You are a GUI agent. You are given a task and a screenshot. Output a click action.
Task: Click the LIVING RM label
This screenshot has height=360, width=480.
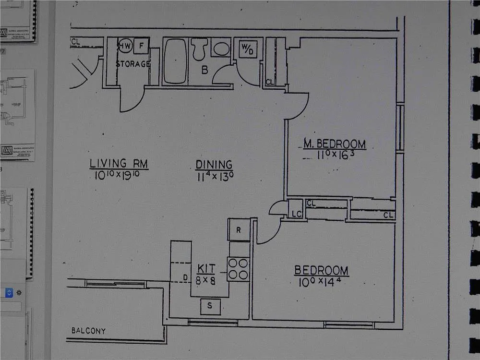tap(119, 163)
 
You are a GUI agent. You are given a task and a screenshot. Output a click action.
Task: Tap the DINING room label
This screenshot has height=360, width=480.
tap(214, 165)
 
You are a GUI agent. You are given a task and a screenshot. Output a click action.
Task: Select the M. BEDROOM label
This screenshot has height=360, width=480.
tap(335, 144)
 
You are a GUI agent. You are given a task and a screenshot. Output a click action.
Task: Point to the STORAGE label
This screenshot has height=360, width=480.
tap(133, 64)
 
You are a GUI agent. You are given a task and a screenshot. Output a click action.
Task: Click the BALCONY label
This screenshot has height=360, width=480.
tap(88, 331)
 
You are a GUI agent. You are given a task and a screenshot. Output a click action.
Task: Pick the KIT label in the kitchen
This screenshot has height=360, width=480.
tap(206, 268)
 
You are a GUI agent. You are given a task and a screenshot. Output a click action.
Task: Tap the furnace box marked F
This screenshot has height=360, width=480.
tap(142, 46)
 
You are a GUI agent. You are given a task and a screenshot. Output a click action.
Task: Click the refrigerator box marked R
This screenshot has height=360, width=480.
tap(239, 230)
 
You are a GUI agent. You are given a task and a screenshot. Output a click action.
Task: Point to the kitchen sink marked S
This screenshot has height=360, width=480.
tap(210, 306)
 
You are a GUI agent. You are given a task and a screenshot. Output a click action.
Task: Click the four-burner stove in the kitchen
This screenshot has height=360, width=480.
tap(238, 269)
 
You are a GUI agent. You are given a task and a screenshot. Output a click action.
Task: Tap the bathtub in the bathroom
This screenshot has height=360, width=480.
tap(175, 61)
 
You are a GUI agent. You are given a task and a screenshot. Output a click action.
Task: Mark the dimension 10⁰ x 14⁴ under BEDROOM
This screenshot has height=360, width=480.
tap(321, 283)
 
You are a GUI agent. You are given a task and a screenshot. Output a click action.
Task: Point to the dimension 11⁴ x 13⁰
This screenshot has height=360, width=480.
tap(215, 177)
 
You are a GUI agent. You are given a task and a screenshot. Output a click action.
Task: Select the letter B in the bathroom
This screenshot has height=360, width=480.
tap(204, 71)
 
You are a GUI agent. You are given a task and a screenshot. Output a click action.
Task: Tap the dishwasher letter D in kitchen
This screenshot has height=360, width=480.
tap(185, 278)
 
